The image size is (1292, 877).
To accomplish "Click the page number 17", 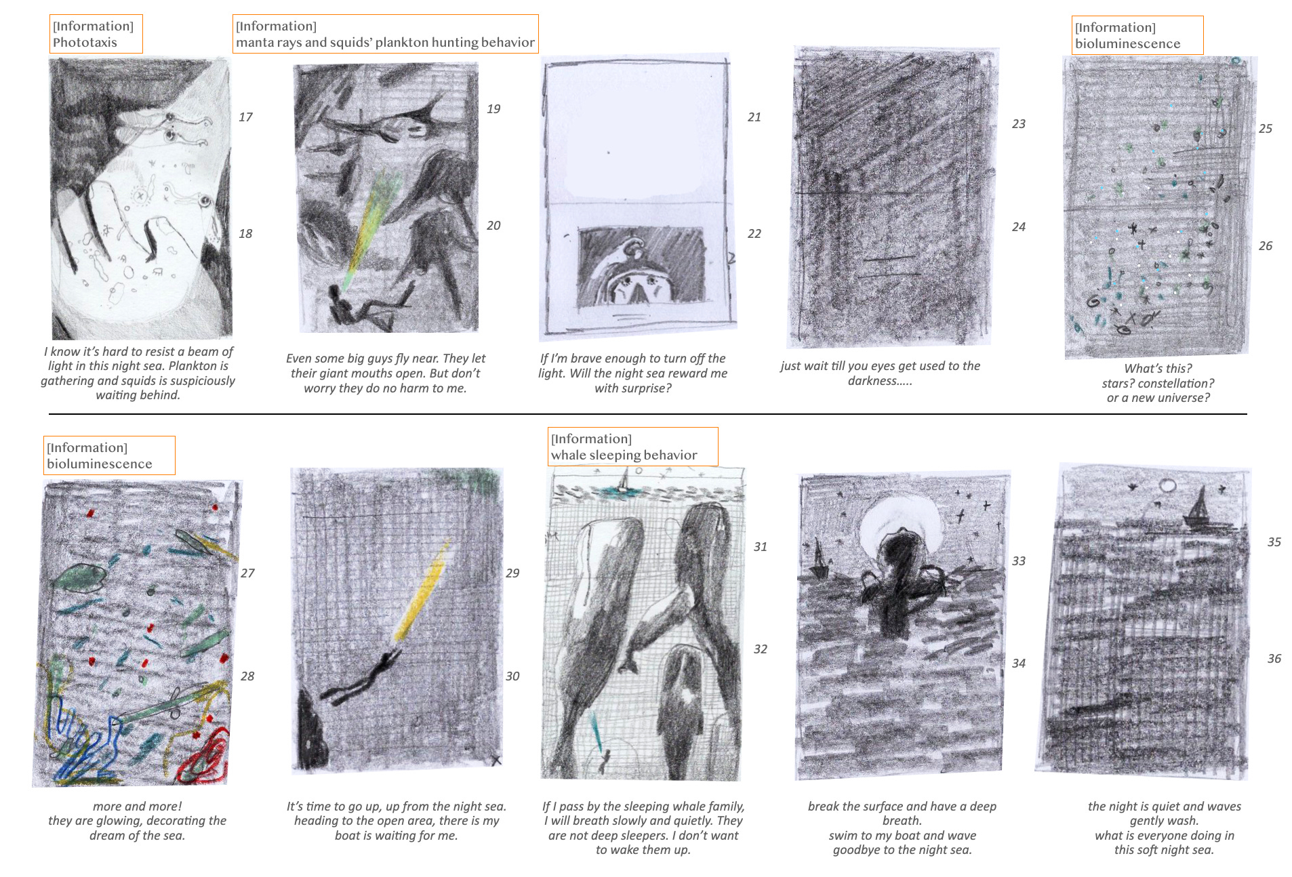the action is click(x=245, y=117).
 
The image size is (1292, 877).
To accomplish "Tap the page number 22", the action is click(x=754, y=234).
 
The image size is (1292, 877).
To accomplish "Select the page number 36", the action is click(x=1274, y=659).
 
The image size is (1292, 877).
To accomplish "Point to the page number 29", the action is click(x=512, y=573).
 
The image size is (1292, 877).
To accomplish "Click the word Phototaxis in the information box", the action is click(x=85, y=43).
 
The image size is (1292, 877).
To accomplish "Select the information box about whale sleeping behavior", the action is click(x=632, y=447).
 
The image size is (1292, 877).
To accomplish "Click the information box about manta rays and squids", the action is click(x=385, y=34).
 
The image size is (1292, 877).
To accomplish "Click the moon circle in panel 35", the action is click(x=1168, y=485).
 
